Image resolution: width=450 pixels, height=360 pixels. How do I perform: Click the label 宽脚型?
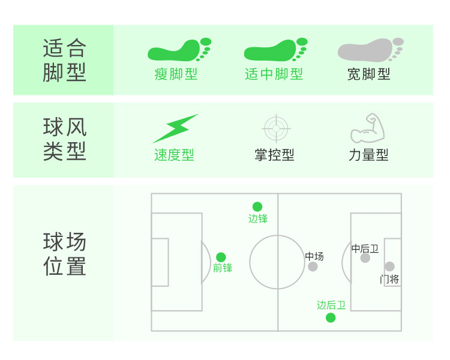click(369, 74)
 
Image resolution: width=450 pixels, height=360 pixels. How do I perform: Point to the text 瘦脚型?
click(176, 74)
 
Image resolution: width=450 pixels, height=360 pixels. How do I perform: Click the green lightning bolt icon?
click(175, 128)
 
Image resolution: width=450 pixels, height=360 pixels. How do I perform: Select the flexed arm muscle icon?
click(367, 128)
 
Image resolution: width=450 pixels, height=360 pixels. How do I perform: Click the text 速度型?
click(174, 155)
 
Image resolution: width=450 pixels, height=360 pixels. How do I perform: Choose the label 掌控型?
click(274, 155)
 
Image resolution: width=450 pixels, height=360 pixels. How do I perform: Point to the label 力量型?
click(368, 155)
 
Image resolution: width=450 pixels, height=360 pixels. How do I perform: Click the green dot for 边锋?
click(257, 206)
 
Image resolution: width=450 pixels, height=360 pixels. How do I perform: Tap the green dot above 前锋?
click(221, 257)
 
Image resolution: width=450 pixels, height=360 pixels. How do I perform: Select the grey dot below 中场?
click(313, 266)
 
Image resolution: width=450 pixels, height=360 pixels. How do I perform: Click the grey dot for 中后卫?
click(365, 258)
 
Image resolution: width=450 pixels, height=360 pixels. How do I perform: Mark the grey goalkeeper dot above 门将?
click(389, 266)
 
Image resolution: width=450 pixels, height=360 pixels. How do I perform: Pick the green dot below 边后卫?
click(331, 317)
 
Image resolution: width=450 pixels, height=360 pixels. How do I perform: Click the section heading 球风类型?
click(65, 139)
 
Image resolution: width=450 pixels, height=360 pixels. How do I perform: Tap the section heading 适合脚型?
click(65, 60)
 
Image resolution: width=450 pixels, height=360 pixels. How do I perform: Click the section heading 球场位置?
click(65, 254)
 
